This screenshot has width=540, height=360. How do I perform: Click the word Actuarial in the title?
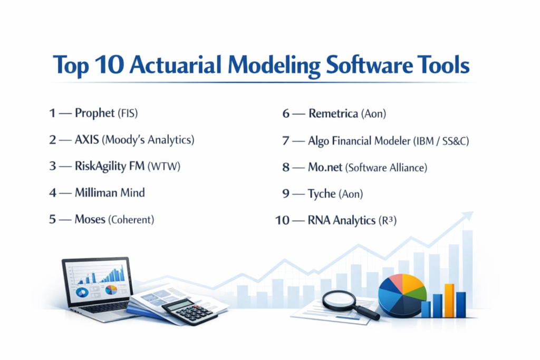click(175, 65)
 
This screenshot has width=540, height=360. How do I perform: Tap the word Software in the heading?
click(369, 65)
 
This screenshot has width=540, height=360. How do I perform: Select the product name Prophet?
click(95, 113)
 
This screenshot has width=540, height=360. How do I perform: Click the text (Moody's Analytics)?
click(148, 140)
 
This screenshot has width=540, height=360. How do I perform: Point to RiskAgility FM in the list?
click(110, 166)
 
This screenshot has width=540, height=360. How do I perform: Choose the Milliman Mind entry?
click(110, 192)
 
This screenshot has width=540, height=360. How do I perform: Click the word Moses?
click(90, 219)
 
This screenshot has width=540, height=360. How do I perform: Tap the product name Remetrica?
click(333, 113)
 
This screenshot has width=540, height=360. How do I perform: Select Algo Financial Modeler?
click(359, 141)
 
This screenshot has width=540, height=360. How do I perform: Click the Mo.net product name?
click(325, 167)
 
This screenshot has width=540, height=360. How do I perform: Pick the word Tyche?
click(322, 194)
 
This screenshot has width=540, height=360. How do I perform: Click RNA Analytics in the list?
click(342, 220)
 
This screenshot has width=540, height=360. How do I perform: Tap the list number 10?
click(282, 220)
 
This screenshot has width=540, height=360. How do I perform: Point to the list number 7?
click(285, 141)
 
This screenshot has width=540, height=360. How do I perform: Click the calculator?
click(190, 312)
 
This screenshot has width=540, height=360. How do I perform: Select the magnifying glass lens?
click(339, 300)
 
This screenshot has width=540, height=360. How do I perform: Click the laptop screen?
click(98, 281)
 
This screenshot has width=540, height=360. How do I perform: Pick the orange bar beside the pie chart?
click(449, 300)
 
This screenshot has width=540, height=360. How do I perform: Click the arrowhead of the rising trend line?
click(468, 216)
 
